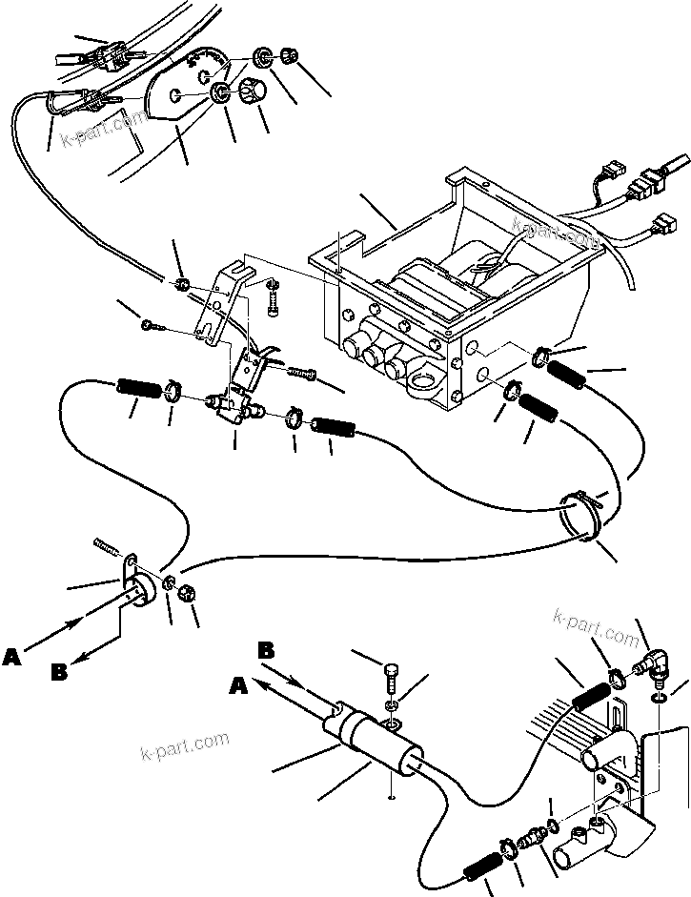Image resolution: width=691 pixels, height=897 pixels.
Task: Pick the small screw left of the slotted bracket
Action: [151, 326]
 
